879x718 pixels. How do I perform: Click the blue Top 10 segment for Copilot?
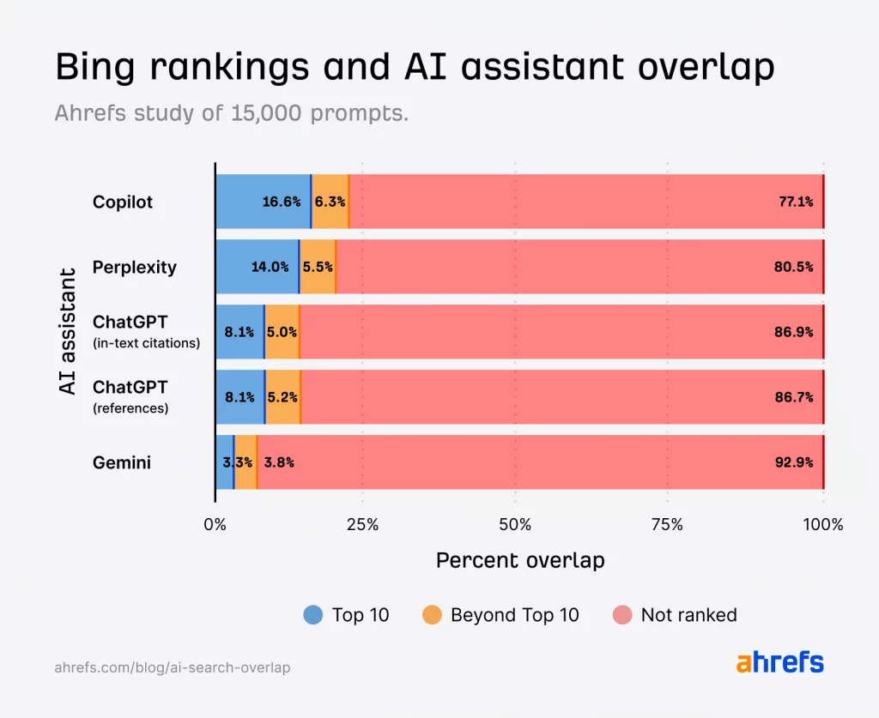[x=262, y=202]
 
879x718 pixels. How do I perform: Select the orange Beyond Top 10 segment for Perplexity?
[x=318, y=267]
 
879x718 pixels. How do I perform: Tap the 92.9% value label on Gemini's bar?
[x=793, y=462]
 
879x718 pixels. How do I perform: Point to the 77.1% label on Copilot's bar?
[x=795, y=202]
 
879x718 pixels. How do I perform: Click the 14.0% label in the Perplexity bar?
[x=270, y=267]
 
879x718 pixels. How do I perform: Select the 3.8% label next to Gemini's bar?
[x=279, y=462]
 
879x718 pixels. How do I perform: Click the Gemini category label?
[x=122, y=462]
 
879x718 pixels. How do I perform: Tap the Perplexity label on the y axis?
[x=135, y=267]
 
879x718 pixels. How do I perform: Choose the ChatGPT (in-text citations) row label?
[x=146, y=331]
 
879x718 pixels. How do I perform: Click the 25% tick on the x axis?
[x=362, y=524]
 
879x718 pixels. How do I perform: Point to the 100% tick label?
[x=823, y=524]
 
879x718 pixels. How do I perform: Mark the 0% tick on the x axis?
[x=215, y=524]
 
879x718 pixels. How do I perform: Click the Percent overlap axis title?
[x=520, y=561]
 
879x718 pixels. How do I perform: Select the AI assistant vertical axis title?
[x=68, y=332]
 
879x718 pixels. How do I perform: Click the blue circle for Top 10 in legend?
[x=313, y=615]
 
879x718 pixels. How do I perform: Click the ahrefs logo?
[x=779, y=663]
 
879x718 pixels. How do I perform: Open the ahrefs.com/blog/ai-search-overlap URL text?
[x=173, y=667]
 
